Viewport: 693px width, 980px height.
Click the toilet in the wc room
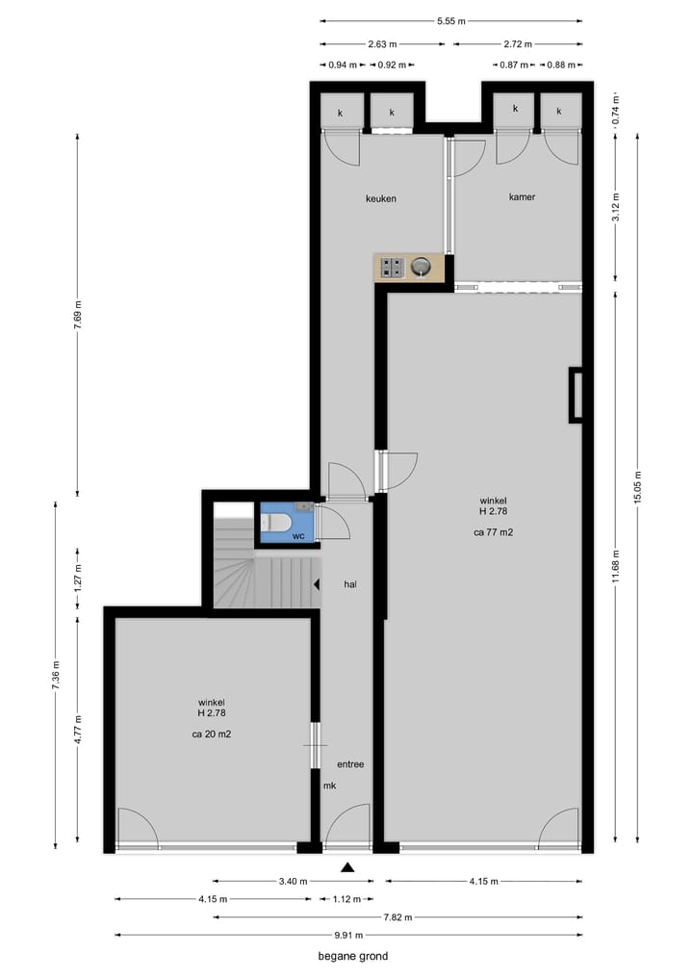pyautogui.click(x=278, y=523)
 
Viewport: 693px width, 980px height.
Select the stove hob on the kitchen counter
pyautogui.click(x=392, y=268)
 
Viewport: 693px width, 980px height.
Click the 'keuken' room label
pyautogui.click(x=381, y=198)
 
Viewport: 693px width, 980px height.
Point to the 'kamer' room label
pyautogui.click(x=522, y=196)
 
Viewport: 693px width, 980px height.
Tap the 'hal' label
pyautogui.click(x=351, y=583)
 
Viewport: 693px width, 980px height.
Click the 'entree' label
pyautogui.click(x=350, y=763)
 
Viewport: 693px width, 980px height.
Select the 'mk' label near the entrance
pyautogui.click(x=329, y=786)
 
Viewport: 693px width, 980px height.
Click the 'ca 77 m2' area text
pyautogui.click(x=492, y=531)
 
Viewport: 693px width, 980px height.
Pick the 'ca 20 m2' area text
pyautogui.click(x=212, y=734)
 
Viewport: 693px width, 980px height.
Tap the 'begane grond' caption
pyautogui.click(x=353, y=956)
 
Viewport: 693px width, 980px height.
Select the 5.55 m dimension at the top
pyautogui.click(x=450, y=20)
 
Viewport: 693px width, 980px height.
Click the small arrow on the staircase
pyautogui.click(x=316, y=583)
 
